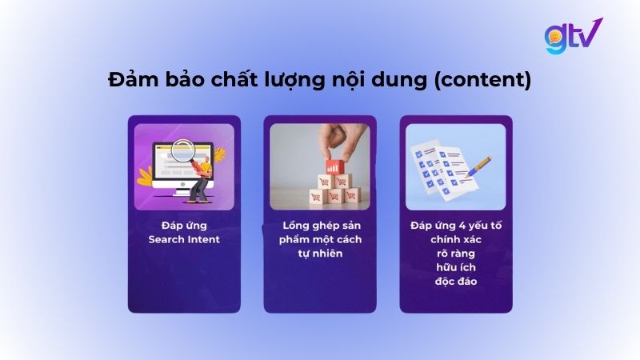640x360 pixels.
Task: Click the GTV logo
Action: (x=573, y=36)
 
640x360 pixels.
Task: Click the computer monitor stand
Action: (x=182, y=191)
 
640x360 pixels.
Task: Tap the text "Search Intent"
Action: (x=184, y=239)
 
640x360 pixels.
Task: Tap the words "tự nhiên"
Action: (x=320, y=254)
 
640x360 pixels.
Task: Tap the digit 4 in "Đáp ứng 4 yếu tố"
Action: (x=454, y=226)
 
